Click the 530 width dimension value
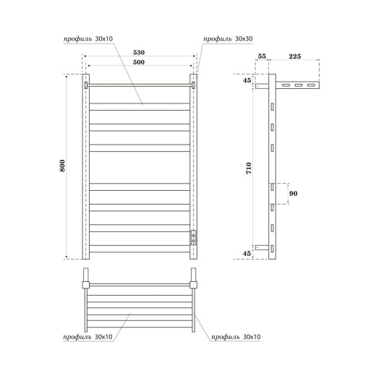click(x=140, y=53)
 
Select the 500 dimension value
click(x=140, y=64)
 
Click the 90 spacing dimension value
click(x=293, y=193)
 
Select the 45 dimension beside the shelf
click(x=247, y=80)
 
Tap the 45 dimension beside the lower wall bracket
click(x=247, y=253)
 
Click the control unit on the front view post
click(x=194, y=237)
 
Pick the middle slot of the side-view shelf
click(x=297, y=85)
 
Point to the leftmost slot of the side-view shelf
click(x=283, y=85)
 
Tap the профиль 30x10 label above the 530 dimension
click(x=95, y=38)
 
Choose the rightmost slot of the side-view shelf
click(x=311, y=85)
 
